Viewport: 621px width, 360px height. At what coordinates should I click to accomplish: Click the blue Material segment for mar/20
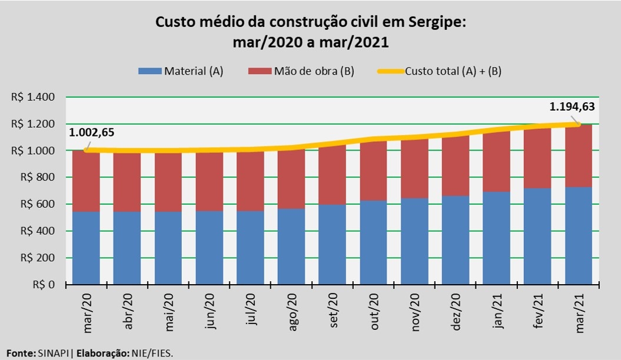click(86, 248)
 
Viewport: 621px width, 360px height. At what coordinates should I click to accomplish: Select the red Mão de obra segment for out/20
click(374, 171)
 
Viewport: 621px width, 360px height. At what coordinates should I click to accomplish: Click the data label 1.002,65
click(91, 132)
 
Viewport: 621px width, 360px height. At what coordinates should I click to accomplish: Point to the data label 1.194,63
click(572, 107)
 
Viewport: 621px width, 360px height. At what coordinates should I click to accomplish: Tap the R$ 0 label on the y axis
click(44, 285)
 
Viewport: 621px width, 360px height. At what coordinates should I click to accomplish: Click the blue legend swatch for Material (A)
click(149, 71)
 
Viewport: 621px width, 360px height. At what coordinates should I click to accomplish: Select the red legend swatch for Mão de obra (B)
click(259, 71)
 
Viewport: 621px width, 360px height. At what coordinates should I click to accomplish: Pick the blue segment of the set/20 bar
click(333, 244)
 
